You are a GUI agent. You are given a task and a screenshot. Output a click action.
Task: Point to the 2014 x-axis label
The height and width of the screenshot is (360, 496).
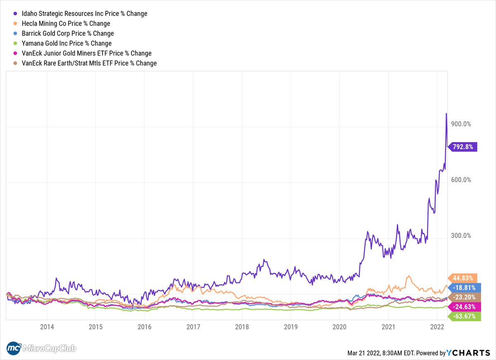(47, 327)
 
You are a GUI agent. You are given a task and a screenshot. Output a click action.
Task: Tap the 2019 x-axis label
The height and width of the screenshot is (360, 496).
(290, 327)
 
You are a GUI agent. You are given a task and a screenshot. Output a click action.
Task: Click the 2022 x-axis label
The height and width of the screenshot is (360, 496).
(437, 327)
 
